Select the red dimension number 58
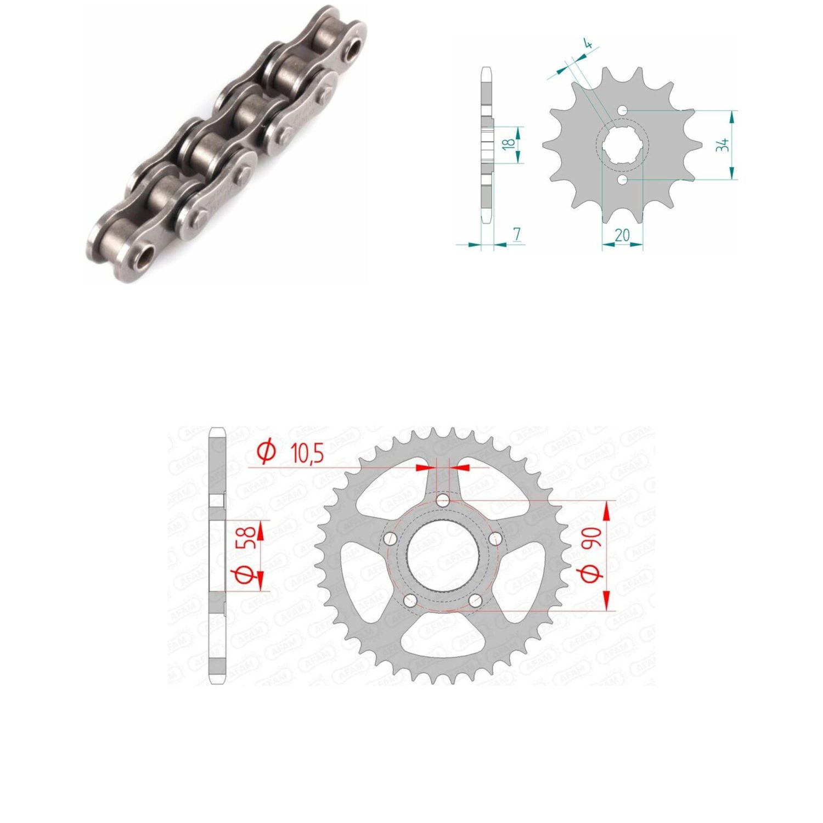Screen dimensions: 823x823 (245, 538)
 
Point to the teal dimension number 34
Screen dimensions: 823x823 (723, 145)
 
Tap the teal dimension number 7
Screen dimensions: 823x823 (517, 234)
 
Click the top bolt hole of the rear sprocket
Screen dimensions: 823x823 (443, 500)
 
